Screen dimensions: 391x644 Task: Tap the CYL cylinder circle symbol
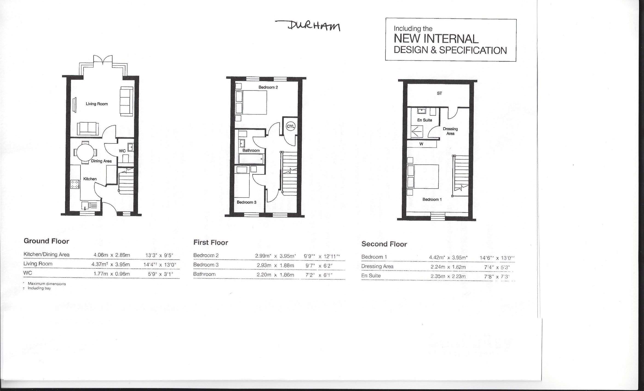pos(290,126)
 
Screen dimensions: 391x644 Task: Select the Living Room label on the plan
pos(97,104)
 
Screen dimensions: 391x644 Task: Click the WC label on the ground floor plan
pos(122,151)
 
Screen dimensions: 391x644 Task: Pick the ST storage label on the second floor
pos(439,93)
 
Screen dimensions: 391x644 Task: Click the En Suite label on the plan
pos(424,120)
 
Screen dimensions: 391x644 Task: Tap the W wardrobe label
pos(421,144)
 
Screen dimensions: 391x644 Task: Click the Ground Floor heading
pos(46,241)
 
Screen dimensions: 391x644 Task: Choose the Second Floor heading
pos(384,244)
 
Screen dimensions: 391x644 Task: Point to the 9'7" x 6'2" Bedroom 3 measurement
pos(319,266)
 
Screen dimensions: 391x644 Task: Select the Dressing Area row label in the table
pos(377,266)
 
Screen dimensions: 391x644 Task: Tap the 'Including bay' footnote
pos(39,288)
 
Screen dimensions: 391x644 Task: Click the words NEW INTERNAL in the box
pos(436,39)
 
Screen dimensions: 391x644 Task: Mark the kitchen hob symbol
pos(75,184)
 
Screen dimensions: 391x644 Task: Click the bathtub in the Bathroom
pos(251,159)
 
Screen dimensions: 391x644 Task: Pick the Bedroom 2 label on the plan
pos(268,87)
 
